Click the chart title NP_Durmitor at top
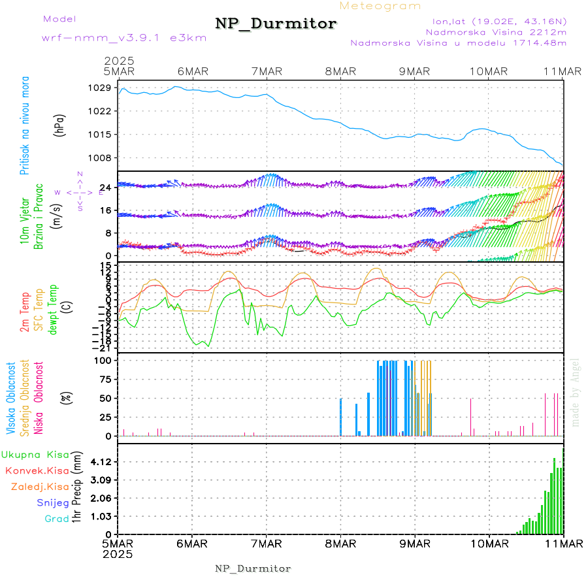tap(276, 24)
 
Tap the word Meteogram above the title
tap(381, 6)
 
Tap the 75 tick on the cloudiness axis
tap(105, 378)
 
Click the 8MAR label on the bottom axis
tap(340, 544)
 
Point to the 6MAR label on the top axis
tap(192, 71)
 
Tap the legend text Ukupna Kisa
tap(35, 454)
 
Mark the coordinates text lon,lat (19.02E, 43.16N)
tap(495, 21)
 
